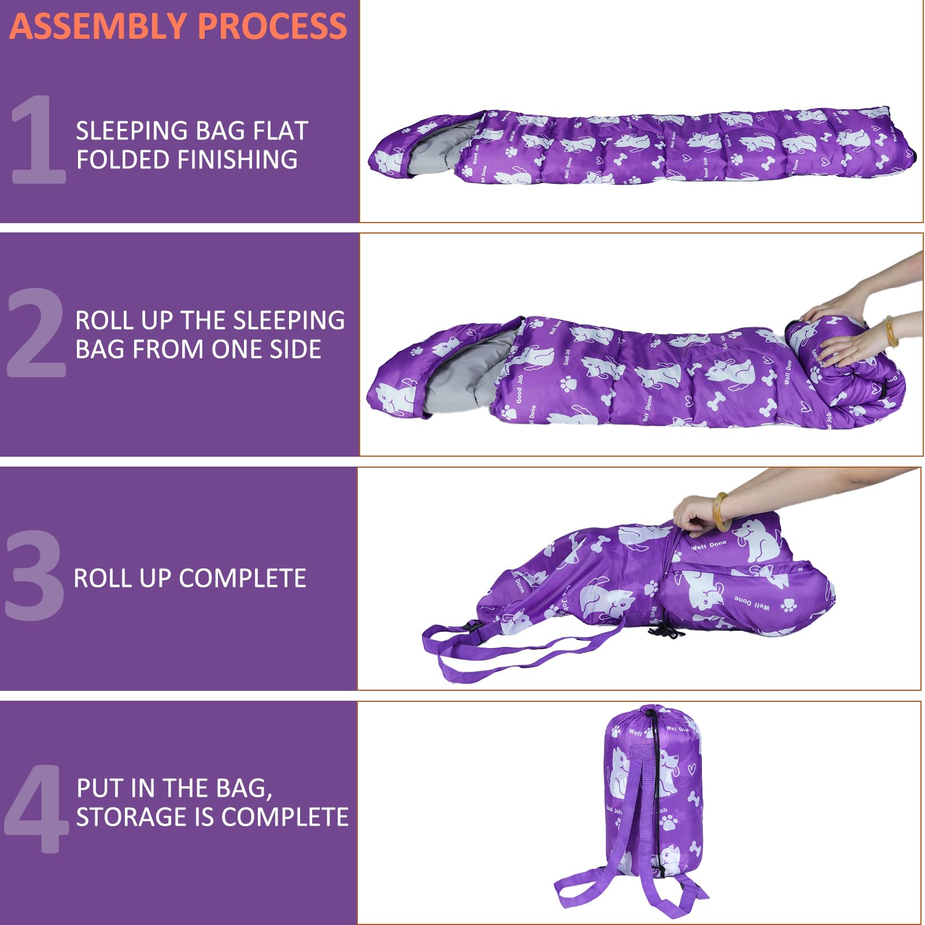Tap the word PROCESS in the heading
click(x=272, y=26)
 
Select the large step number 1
click(x=38, y=140)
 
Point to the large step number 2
click(x=36, y=334)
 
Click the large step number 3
click(x=34, y=576)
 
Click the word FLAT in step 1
click(x=280, y=131)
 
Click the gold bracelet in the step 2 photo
click(x=891, y=331)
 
